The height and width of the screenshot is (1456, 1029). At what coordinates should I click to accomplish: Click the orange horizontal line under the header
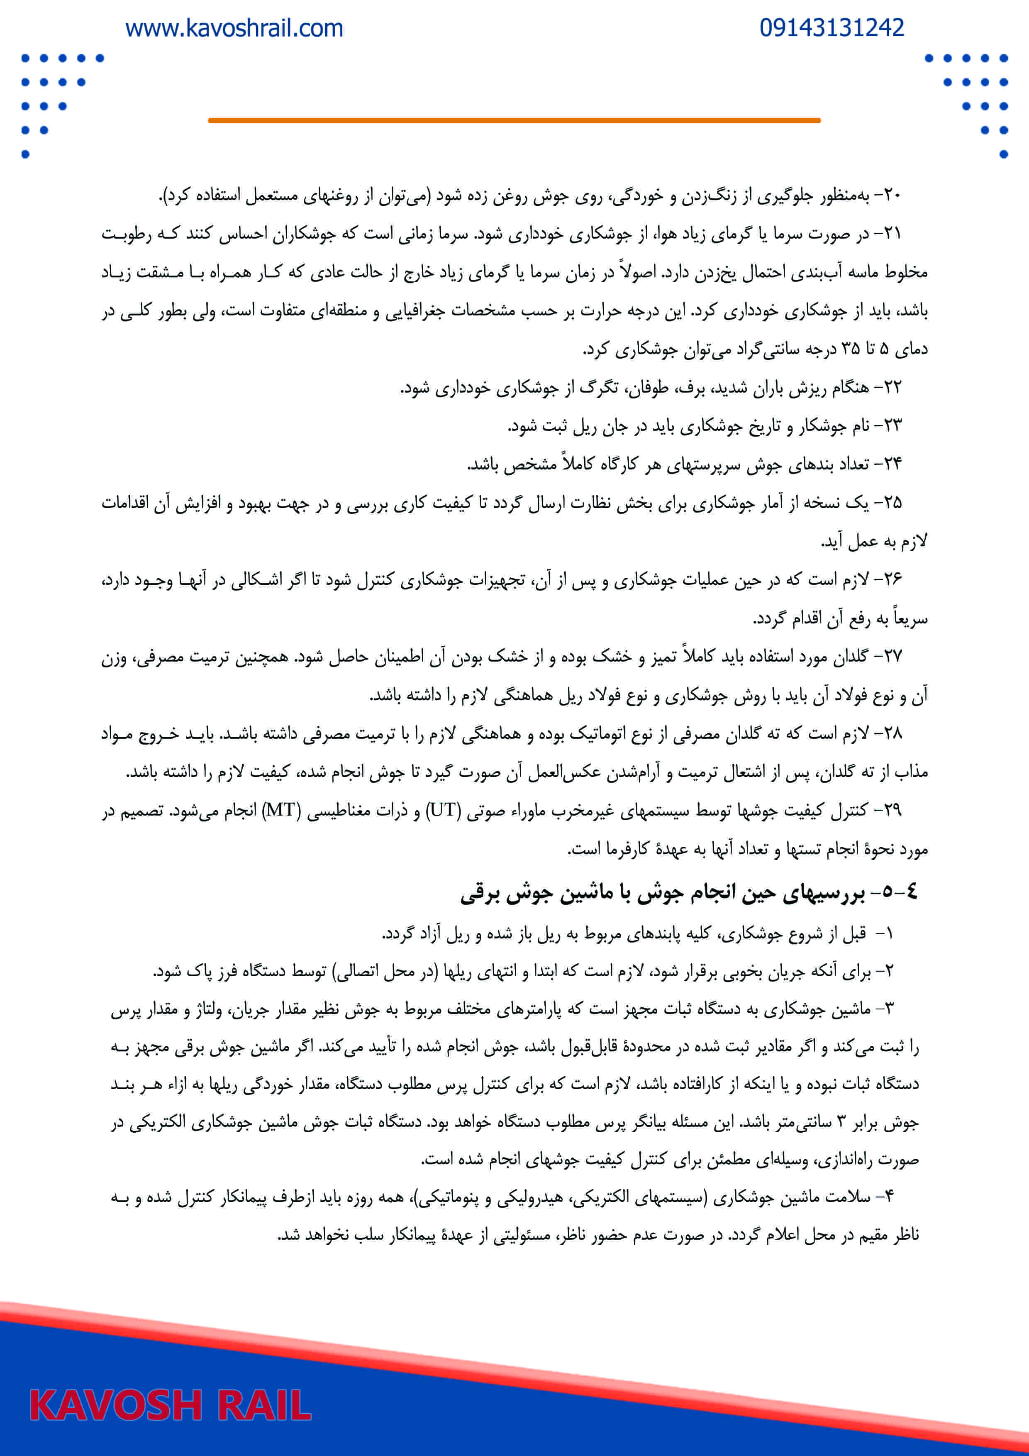pyautogui.click(x=514, y=120)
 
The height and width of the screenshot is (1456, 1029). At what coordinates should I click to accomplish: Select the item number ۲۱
pyautogui.click(x=892, y=234)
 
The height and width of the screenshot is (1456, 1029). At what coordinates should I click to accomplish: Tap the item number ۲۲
pyautogui.click(x=892, y=388)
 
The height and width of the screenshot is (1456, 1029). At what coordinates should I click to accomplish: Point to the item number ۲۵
pyautogui.click(x=892, y=503)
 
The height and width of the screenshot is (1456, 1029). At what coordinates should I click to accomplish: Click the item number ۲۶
pyautogui.click(x=892, y=579)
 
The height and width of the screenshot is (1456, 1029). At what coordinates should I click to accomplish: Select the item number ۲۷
pyautogui.click(x=892, y=656)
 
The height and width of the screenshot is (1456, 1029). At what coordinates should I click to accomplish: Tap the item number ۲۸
pyautogui.click(x=892, y=734)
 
